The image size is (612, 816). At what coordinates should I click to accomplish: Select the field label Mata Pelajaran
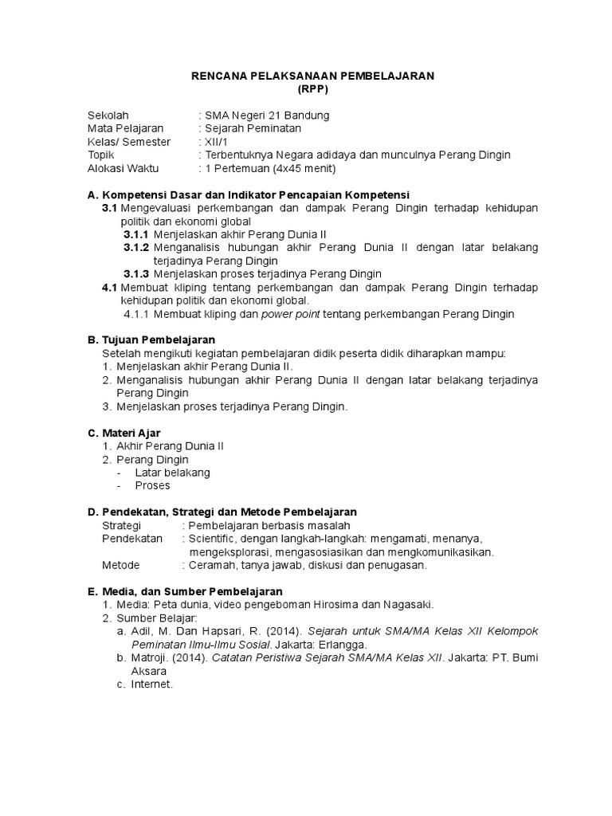[x=125, y=128]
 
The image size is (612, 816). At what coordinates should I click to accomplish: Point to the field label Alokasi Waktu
[x=123, y=168]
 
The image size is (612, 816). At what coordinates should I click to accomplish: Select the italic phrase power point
[x=288, y=314]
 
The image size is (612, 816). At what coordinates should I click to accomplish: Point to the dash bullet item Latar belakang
[x=172, y=472]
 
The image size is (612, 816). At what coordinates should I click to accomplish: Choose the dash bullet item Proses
[x=152, y=485]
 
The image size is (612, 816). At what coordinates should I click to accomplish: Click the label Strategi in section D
[x=121, y=526]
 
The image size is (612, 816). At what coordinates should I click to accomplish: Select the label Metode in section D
[x=120, y=565]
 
